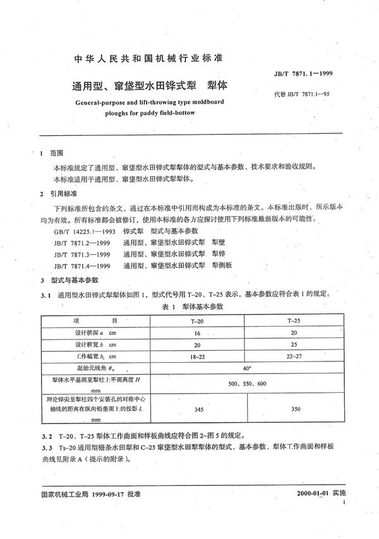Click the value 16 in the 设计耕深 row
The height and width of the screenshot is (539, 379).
pyautogui.click(x=197, y=333)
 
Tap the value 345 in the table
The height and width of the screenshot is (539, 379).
pyautogui.click(x=197, y=410)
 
